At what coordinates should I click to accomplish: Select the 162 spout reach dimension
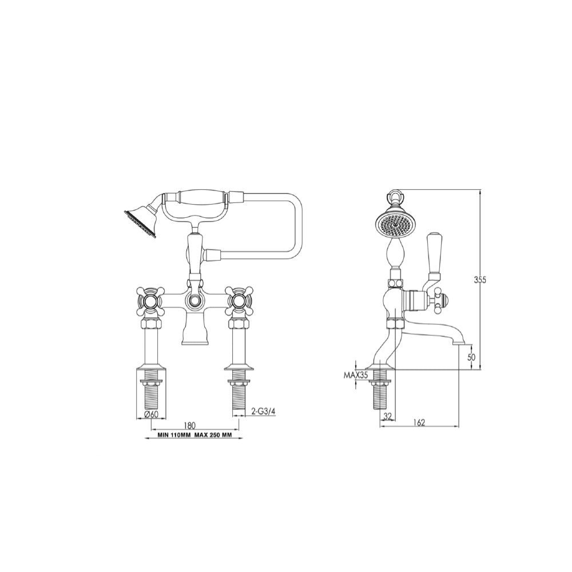point(419,422)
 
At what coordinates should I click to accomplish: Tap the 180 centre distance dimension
point(189,425)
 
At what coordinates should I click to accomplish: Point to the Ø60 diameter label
point(151,414)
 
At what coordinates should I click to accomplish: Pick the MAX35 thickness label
point(355,375)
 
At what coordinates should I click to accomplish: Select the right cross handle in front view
point(239,301)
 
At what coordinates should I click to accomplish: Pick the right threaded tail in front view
point(239,394)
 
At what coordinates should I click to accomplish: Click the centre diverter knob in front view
point(194,301)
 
